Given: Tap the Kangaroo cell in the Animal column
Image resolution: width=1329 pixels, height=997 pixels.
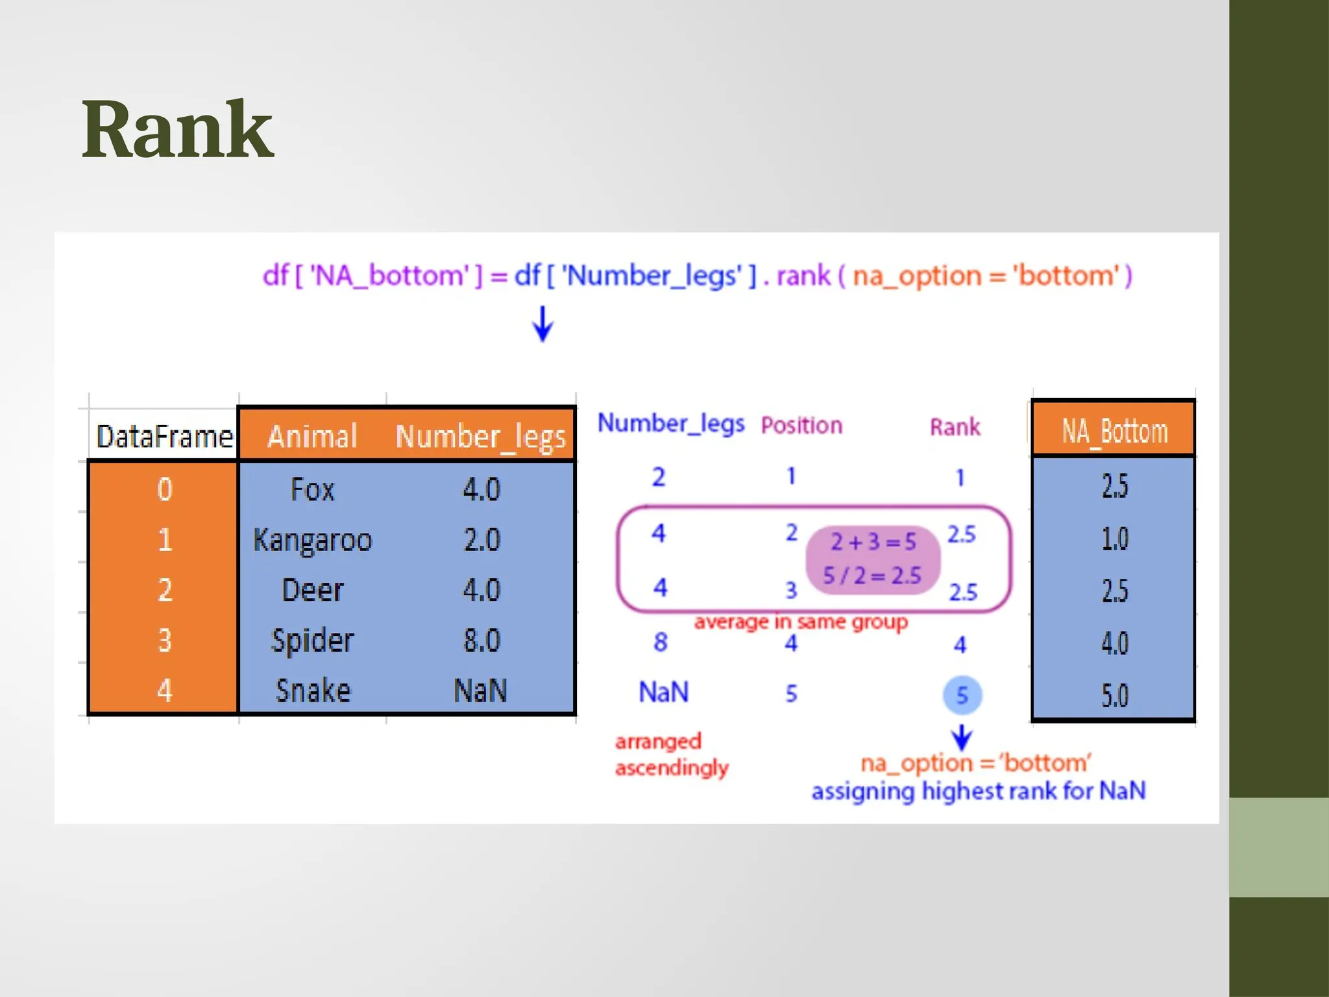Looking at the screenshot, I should click(312, 540).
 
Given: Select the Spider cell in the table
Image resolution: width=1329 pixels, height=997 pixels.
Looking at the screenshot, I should click(312, 641).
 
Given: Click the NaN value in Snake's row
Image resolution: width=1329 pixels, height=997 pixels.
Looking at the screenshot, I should click(480, 691).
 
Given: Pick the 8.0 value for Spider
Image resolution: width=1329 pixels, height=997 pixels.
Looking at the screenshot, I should click(482, 641).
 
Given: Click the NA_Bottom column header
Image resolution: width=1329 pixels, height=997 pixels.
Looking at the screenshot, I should click(1114, 430).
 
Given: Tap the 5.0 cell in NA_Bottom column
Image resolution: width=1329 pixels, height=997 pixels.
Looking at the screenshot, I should click(1114, 695).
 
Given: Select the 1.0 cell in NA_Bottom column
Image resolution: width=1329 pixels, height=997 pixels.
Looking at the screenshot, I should click(1114, 539).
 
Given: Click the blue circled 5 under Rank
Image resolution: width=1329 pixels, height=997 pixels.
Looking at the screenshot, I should click(962, 695).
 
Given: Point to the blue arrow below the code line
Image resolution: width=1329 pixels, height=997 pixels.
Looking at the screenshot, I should click(543, 323).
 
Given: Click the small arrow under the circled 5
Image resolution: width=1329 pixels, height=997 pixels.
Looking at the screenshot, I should click(962, 737).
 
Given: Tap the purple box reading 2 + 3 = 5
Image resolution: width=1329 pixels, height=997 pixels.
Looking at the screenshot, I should click(872, 559).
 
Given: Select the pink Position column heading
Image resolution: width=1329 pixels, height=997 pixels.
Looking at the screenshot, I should click(801, 426).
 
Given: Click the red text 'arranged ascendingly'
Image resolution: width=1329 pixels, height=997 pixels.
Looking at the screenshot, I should click(671, 754).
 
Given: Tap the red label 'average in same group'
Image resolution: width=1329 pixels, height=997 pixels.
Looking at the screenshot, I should click(801, 622).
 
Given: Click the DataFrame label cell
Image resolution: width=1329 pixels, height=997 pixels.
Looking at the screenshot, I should click(164, 436).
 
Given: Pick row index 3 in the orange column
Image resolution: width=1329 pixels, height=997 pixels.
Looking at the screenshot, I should click(164, 641).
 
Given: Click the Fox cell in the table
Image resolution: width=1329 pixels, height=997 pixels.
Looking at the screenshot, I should click(312, 489).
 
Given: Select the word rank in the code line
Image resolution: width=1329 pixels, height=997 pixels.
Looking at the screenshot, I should click(803, 276).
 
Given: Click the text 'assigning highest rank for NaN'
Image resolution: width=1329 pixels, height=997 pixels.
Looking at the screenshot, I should click(978, 791).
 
